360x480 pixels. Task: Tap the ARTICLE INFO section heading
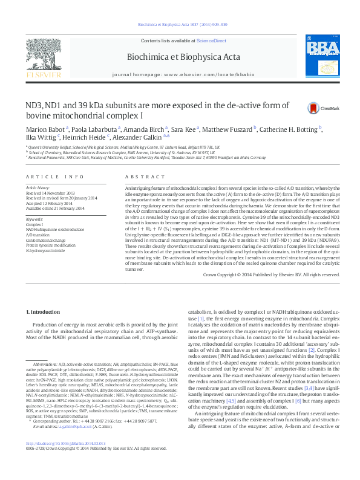point(54,177)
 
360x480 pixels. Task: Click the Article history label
point(38,188)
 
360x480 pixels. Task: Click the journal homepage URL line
point(180,71)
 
